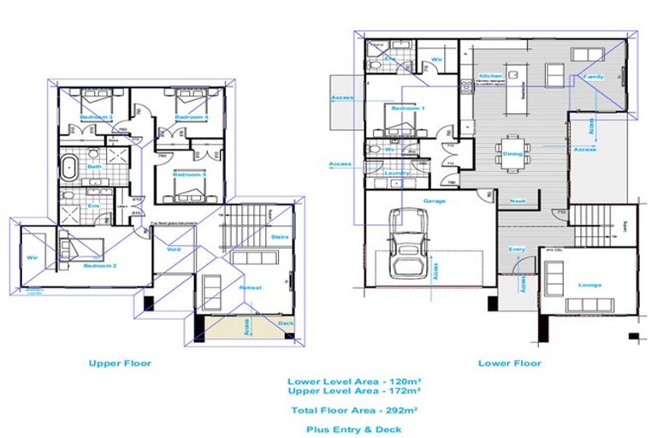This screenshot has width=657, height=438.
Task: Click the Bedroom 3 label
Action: [97, 116]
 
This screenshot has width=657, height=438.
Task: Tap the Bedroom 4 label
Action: [192, 116]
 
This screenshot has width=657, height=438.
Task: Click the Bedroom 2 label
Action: [99, 266]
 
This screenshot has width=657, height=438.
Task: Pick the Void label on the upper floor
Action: [173, 250]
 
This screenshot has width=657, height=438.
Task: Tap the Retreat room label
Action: [250, 287]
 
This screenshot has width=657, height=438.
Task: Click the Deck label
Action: [286, 323]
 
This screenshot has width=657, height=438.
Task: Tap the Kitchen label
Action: [489, 76]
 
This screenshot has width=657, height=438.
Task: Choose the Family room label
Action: [594, 76]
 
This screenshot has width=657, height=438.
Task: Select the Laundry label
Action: [398, 173]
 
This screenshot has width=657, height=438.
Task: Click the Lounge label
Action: [589, 285]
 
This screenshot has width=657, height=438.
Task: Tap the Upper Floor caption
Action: [120, 363]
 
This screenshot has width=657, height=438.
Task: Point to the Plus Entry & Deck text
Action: [358, 429]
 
